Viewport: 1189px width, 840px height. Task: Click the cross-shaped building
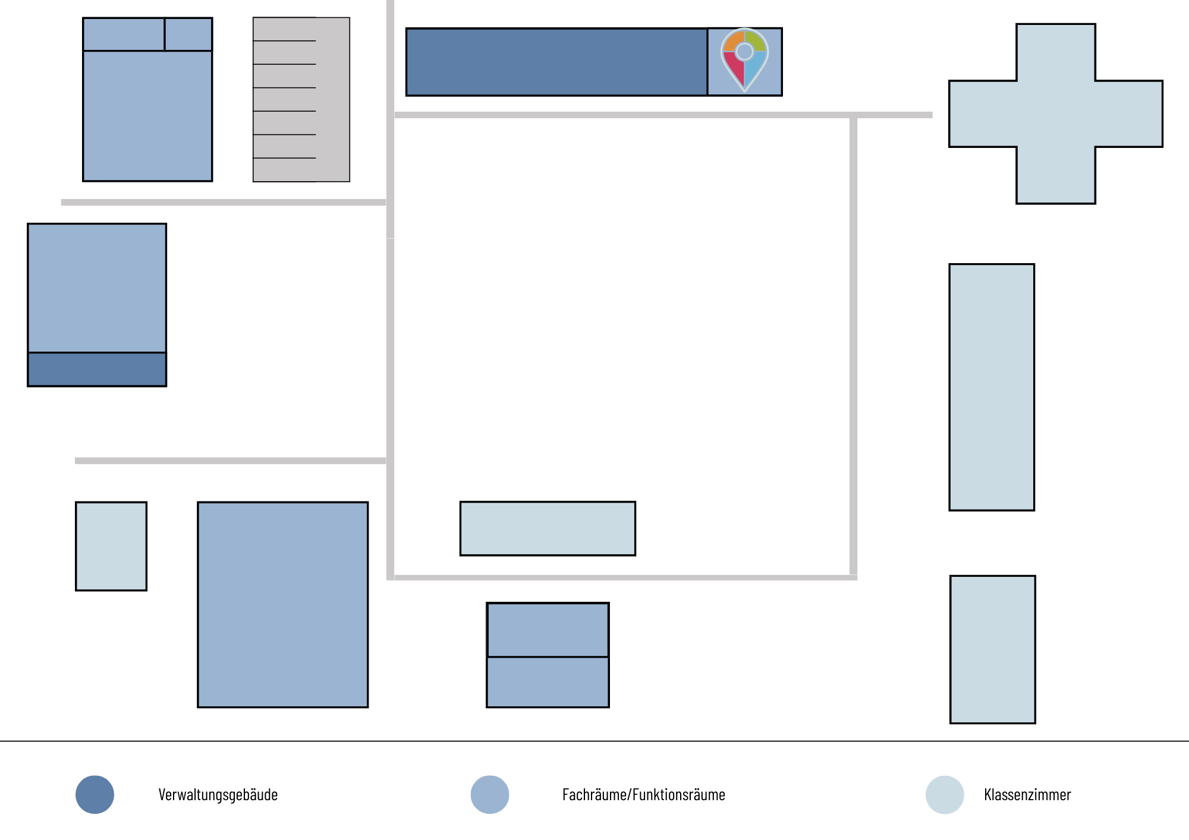1056,113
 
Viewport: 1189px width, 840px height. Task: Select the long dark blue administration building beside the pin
556,62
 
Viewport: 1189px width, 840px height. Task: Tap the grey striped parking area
301,99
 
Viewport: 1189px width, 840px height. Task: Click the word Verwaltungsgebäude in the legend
218,795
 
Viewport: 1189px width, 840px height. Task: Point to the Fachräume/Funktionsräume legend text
644,795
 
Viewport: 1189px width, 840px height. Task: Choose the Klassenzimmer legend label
1027,795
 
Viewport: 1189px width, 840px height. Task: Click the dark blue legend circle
95,795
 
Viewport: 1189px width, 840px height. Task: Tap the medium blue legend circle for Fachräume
490,795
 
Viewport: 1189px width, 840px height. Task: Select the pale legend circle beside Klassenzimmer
945,795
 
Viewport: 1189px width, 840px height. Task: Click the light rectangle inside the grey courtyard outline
548,529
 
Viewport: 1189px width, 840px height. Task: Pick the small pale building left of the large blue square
111,547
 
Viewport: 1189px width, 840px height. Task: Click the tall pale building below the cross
992,387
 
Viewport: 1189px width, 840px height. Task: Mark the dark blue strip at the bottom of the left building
97,370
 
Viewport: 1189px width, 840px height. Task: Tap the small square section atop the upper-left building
188,34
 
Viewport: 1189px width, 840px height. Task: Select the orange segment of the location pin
733,40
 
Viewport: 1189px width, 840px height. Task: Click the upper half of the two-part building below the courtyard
548,630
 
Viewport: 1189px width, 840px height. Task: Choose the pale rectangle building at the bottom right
993,649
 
